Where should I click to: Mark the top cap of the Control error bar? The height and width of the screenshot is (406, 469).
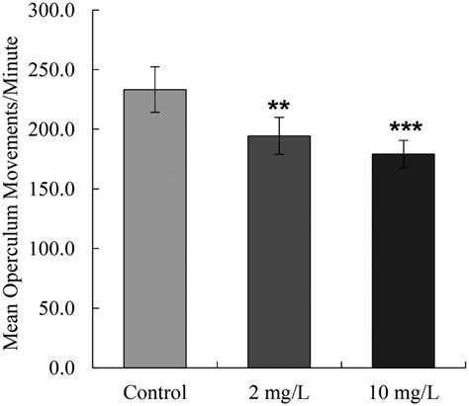click(x=154, y=67)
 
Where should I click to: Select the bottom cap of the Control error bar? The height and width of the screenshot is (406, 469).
click(x=154, y=112)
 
